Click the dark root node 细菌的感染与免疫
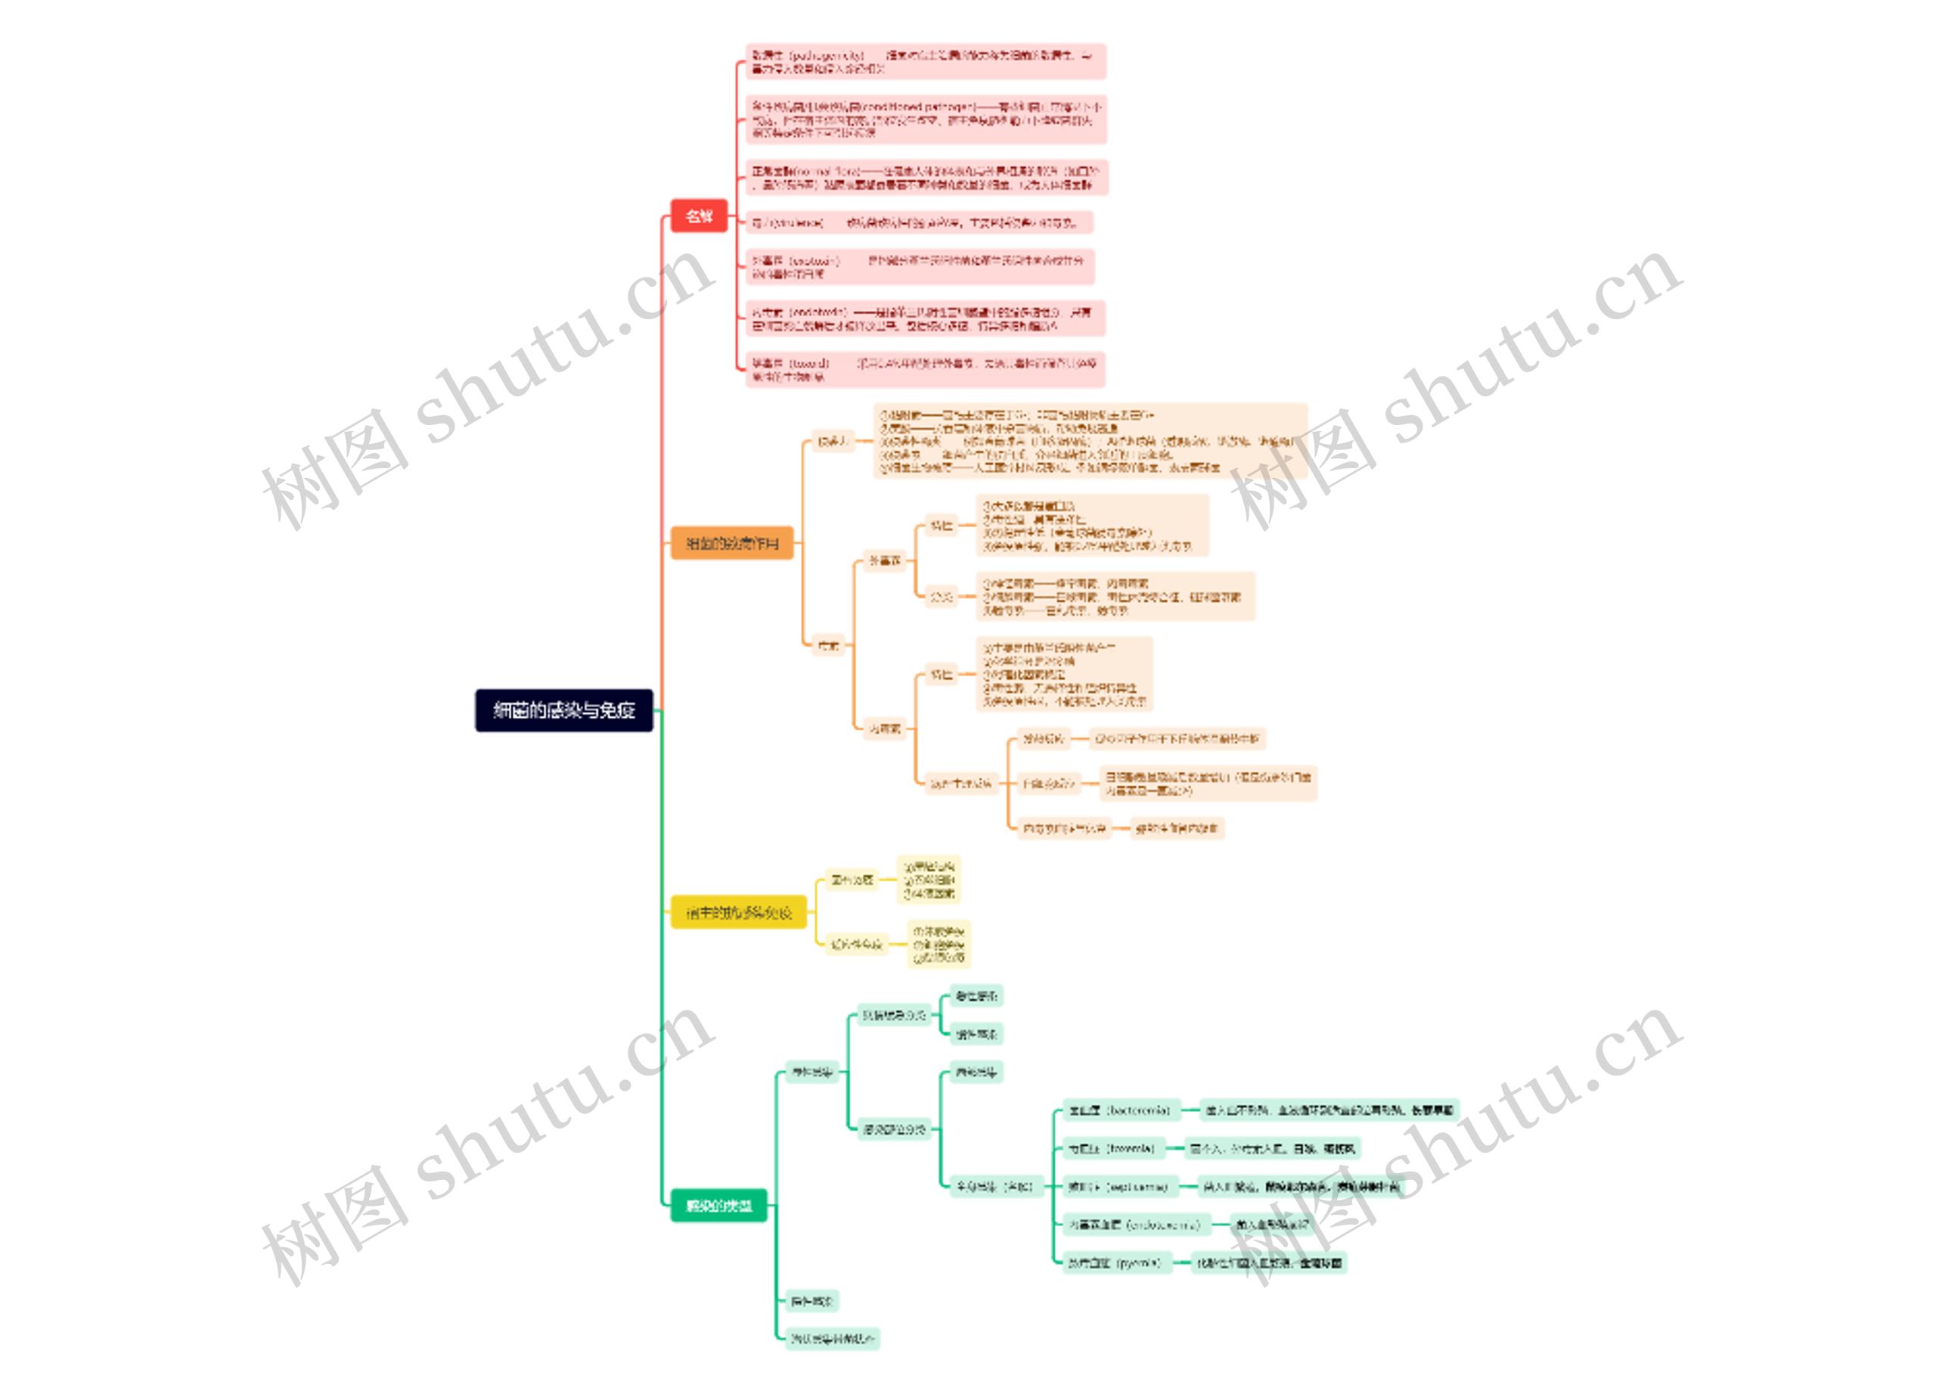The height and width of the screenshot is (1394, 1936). [563, 710]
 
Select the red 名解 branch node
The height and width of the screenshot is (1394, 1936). [698, 216]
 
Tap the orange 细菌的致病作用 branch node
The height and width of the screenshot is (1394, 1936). [731, 543]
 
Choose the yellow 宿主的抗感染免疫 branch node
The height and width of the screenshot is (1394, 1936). [738, 912]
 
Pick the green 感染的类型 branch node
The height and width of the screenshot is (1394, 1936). [718, 1206]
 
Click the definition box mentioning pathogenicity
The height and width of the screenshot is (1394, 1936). [926, 61]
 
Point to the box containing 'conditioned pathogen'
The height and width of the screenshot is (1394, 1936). [926, 120]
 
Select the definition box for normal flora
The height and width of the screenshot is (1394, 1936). [926, 178]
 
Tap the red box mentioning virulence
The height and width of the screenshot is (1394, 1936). [919, 223]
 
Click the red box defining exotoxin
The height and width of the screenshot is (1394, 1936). [919, 266]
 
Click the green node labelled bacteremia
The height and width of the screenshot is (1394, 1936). [1121, 1110]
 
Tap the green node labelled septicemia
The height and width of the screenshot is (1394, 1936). [1119, 1187]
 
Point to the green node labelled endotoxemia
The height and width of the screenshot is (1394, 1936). [1134, 1225]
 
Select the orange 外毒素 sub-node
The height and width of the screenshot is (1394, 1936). [884, 560]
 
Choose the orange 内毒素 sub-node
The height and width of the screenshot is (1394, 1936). [884, 728]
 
